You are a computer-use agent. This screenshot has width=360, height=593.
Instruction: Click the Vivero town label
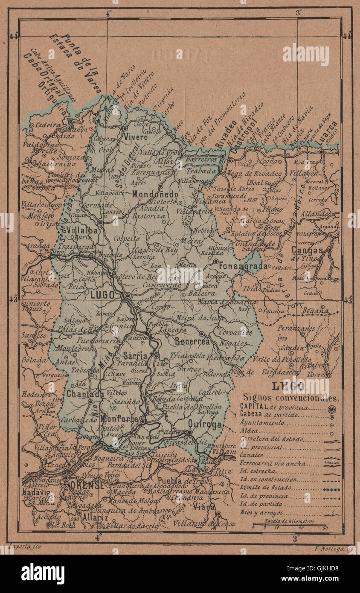(x=136, y=137)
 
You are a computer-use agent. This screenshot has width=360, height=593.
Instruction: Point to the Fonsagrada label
(x=243, y=266)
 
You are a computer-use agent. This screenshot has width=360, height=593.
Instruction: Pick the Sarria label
(x=135, y=355)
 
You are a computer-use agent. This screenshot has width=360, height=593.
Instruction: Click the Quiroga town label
(x=205, y=424)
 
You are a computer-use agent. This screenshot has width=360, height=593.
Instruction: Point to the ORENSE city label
(x=87, y=485)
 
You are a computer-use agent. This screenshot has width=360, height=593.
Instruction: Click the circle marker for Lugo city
(x=127, y=296)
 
